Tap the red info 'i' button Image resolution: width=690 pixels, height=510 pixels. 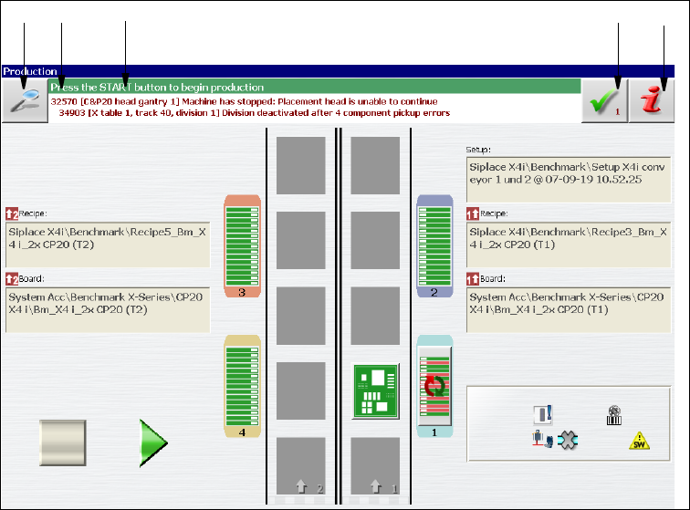653,100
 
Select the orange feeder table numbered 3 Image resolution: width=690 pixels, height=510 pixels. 243,246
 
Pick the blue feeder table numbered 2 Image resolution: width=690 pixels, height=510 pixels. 434,246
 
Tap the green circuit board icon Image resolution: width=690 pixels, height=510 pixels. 375,390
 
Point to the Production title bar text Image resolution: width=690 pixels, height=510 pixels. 31,70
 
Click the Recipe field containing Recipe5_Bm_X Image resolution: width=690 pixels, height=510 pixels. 108,238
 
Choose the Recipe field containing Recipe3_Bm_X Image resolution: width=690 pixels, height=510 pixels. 568,238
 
